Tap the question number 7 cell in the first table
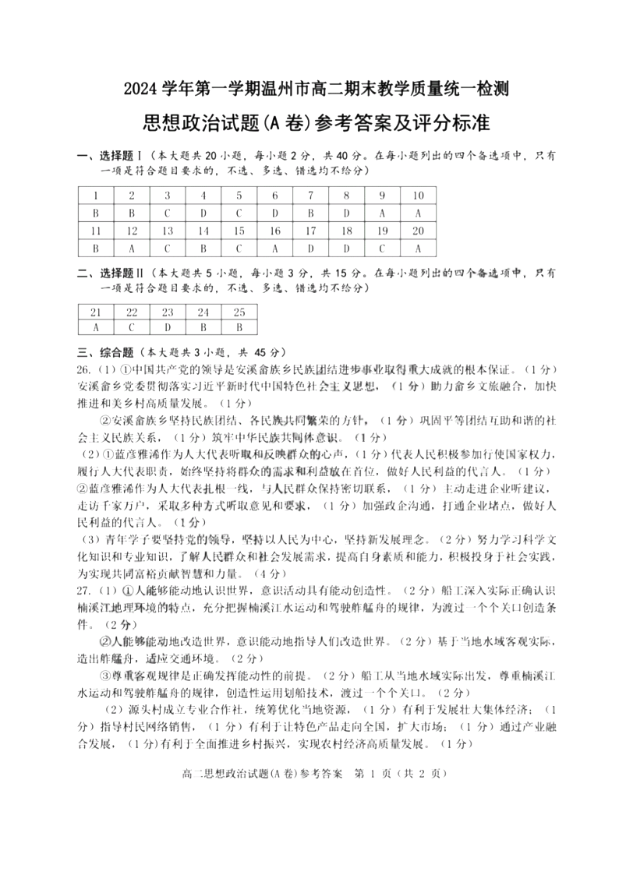pyautogui.click(x=310, y=196)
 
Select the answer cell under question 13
pyautogui.click(x=168, y=249)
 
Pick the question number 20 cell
pyautogui.click(x=418, y=231)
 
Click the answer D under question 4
pyautogui.click(x=203, y=213)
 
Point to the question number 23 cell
pyautogui.click(x=168, y=311)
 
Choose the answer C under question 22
pyautogui.click(x=132, y=327)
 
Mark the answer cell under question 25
pyautogui.click(x=239, y=327)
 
